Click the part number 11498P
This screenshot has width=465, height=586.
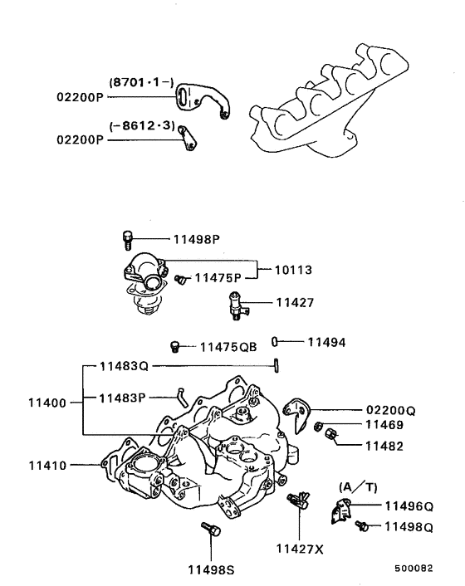(196, 239)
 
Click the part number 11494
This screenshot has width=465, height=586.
(326, 341)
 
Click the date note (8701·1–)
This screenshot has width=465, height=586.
(140, 82)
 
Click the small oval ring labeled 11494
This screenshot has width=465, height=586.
(276, 341)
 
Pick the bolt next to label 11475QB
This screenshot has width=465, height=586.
(175, 345)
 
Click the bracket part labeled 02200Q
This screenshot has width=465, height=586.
(296, 411)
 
